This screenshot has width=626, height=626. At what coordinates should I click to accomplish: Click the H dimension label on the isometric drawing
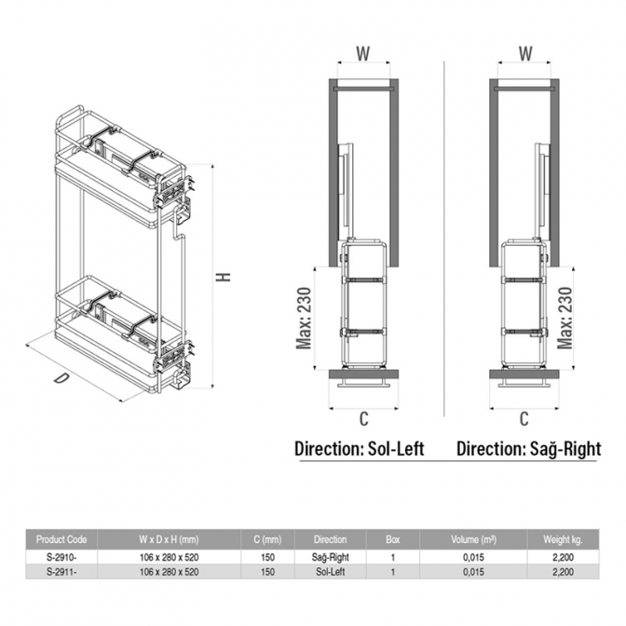(224, 277)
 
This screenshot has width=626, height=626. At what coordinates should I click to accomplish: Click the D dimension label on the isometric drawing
(61, 377)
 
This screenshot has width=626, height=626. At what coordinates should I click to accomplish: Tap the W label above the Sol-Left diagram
(363, 53)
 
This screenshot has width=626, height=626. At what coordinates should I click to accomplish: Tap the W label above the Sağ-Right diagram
(525, 53)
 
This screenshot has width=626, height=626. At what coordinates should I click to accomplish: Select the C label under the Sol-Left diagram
(363, 419)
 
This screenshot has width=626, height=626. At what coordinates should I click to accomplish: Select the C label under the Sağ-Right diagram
(524, 419)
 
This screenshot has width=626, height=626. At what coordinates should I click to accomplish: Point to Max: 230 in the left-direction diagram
(304, 319)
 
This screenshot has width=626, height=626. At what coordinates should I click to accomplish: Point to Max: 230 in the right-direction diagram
(565, 319)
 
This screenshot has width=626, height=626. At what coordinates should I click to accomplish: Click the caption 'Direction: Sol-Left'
(360, 449)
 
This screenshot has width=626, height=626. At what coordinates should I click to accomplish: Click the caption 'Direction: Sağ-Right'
(529, 449)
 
